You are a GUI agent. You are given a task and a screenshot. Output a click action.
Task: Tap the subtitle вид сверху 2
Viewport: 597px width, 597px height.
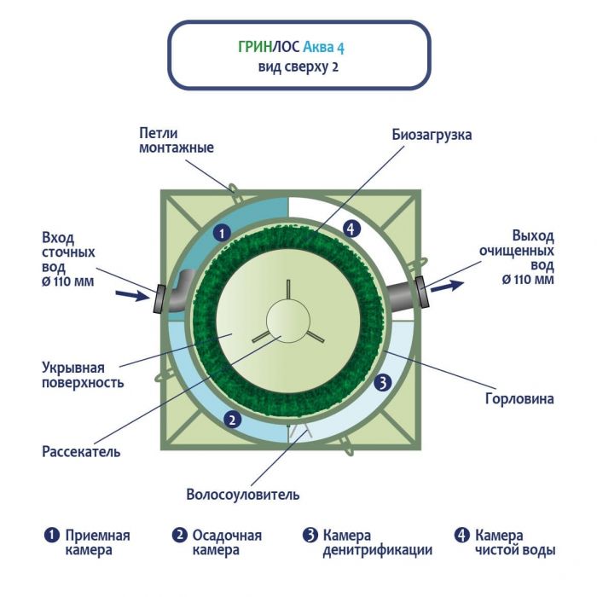point(298,67)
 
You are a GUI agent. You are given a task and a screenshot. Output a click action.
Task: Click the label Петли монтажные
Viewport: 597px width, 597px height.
point(176,140)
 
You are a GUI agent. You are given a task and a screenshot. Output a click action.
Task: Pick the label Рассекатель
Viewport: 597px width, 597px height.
point(81,451)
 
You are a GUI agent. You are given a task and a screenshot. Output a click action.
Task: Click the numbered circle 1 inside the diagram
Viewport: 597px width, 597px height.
point(220,232)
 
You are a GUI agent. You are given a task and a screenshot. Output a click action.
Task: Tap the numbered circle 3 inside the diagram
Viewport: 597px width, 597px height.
point(384,383)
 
